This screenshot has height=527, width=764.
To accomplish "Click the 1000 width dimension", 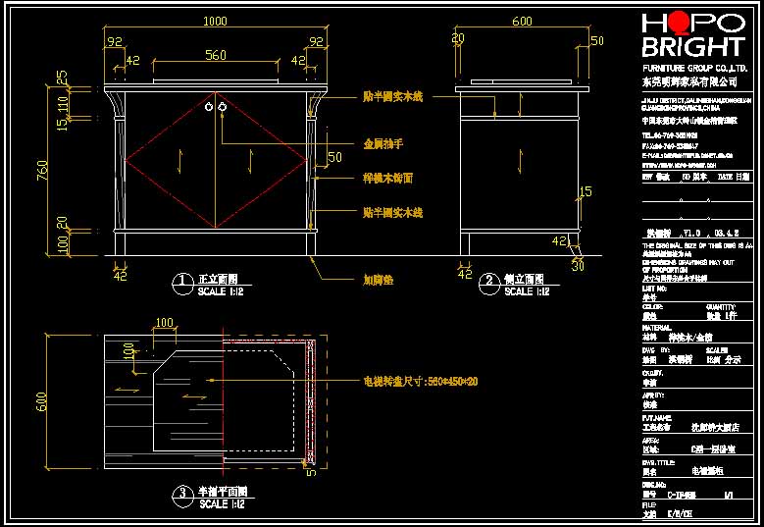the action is pos(214,22).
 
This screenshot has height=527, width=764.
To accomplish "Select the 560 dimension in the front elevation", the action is pos(215,55).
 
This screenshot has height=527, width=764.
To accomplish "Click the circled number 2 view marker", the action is pos(489,283).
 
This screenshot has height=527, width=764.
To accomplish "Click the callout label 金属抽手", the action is pos(383,144).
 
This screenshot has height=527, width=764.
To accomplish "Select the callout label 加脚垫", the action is pos(378,279).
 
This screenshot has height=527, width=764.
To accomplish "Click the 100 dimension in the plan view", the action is pos(164,322).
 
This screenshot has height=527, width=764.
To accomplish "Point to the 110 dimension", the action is pos(63,102).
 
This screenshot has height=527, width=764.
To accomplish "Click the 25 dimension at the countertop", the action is pos(62,76).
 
